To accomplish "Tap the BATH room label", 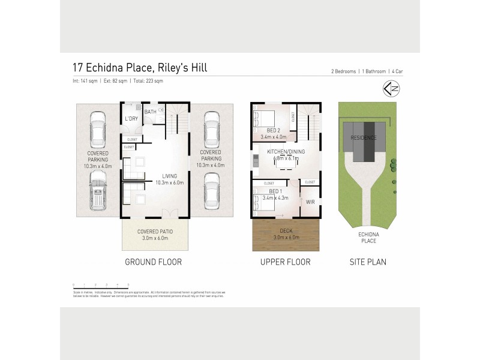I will pyautogui.click(x=150, y=112).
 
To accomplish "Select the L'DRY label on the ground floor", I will pyautogui.click(x=131, y=119).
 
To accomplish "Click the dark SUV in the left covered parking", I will pyautogui.click(x=97, y=191).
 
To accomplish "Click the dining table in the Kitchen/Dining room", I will pyautogui.click(x=290, y=161).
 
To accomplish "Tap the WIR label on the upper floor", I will pyautogui.click(x=310, y=202).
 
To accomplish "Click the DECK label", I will pyautogui.click(x=286, y=230).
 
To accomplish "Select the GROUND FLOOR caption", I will pyautogui.click(x=153, y=262).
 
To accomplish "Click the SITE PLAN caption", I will pyautogui.click(x=368, y=262).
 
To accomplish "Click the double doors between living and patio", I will pyautogui.click(x=170, y=214).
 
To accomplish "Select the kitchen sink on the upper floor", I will pyautogui.click(x=256, y=160).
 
